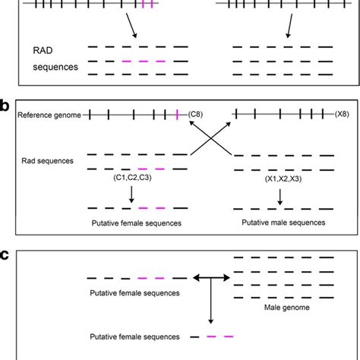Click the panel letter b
(x=6, y=105)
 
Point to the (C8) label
(x=198, y=115)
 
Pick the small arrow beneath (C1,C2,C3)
(x=132, y=194)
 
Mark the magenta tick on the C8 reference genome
(x=177, y=115)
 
